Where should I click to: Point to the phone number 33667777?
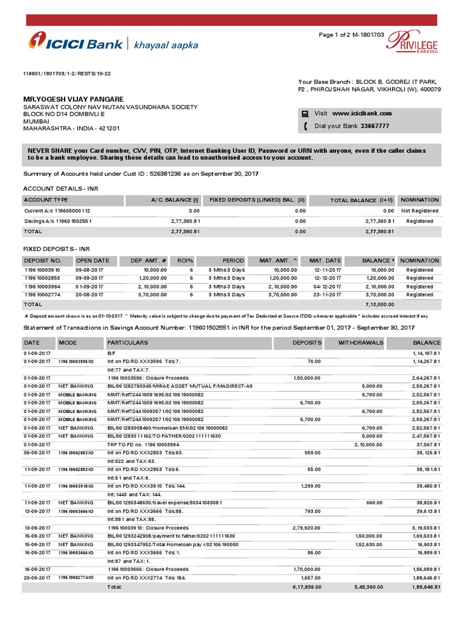click(x=374, y=126)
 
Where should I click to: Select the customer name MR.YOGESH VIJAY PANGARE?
click(x=73, y=98)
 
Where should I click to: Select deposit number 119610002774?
click(x=42, y=295)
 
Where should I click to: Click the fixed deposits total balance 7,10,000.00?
click(x=378, y=305)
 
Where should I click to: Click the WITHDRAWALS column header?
click(x=361, y=342)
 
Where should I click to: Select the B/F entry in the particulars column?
click(x=111, y=352)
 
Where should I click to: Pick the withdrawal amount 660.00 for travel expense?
click(x=375, y=502)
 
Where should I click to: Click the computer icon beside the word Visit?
click(x=306, y=113)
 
